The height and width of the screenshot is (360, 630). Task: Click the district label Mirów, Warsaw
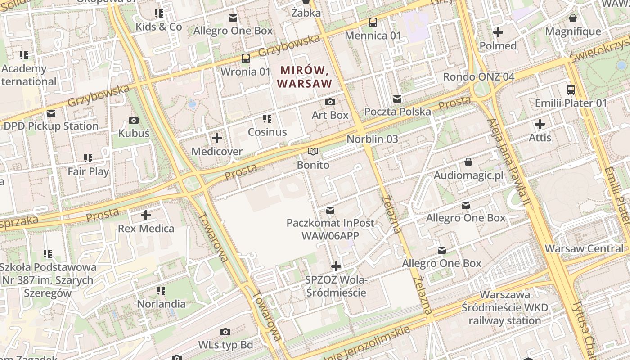(305, 76)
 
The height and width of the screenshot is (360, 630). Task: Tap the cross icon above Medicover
(217, 138)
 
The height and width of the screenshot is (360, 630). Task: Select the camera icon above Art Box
(330, 102)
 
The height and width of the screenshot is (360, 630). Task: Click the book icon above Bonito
(313, 152)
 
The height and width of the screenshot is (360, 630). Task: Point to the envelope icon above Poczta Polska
(397, 99)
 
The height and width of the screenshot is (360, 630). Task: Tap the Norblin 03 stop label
(372, 139)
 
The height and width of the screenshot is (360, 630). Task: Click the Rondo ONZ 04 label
(478, 76)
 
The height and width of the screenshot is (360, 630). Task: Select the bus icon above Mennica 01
(373, 22)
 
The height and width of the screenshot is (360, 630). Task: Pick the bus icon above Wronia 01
(246, 58)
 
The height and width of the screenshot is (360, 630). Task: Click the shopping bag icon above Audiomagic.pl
(468, 162)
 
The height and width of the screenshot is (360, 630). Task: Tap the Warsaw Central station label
(584, 248)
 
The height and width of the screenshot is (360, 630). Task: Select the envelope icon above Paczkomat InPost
(330, 210)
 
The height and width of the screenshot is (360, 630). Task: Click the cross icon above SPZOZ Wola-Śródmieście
(336, 266)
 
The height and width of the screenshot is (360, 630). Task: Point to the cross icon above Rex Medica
(146, 215)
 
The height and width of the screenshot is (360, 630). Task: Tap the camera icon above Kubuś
(134, 120)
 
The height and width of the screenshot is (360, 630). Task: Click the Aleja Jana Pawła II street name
(508, 162)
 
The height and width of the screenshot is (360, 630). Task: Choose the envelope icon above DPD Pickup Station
(51, 113)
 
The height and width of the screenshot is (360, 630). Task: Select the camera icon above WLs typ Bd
(225, 332)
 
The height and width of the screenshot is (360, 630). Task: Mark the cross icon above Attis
(540, 124)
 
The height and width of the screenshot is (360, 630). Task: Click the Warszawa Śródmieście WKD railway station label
(505, 308)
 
